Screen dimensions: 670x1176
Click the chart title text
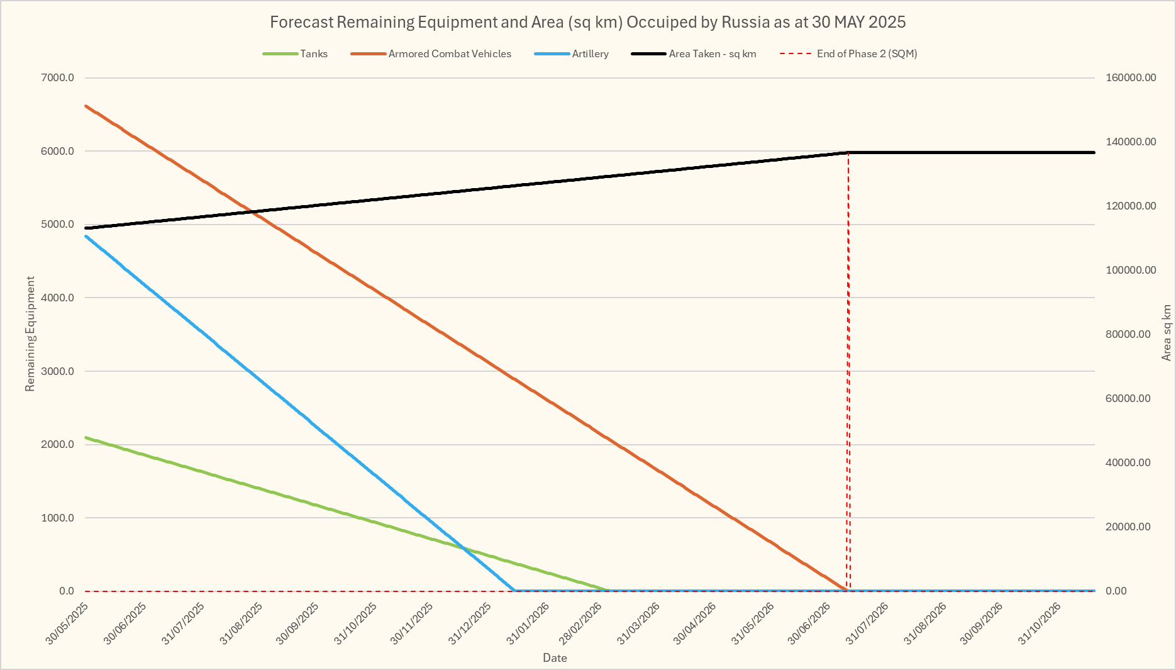(587, 22)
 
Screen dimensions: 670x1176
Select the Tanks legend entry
(313, 54)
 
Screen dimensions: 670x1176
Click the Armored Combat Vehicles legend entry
(450, 54)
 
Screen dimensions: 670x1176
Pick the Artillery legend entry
(590, 54)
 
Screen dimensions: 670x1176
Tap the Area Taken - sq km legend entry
(712, 54)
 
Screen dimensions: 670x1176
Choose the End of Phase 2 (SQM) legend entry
(867, 54)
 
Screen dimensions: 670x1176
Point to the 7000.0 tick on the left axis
(58, 78)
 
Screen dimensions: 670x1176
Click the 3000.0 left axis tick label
(58, 371)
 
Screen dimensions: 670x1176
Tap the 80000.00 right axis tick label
(1128, 335)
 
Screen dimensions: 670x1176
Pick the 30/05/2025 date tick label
(68, 623)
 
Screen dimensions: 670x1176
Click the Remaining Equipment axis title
(30, 333)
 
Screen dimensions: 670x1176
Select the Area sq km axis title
(1167, 333)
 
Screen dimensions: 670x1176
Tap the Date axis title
(555, 658)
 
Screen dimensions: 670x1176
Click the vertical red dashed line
(848, 377)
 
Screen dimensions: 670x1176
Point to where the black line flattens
(848, 152)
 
